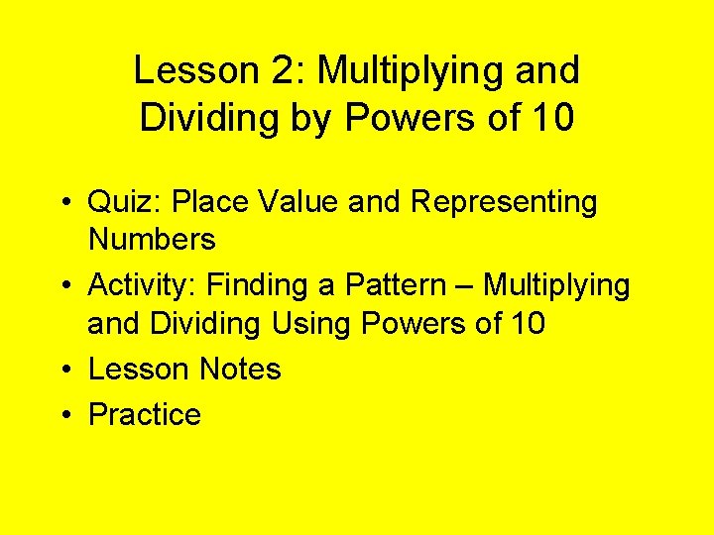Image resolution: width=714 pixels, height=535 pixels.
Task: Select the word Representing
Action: coord(504,202)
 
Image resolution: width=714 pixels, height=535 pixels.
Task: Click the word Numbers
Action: coord(152,239)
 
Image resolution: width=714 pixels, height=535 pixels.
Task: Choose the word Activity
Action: coord(144,285)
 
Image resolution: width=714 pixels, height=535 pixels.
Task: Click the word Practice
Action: coord(145,414)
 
